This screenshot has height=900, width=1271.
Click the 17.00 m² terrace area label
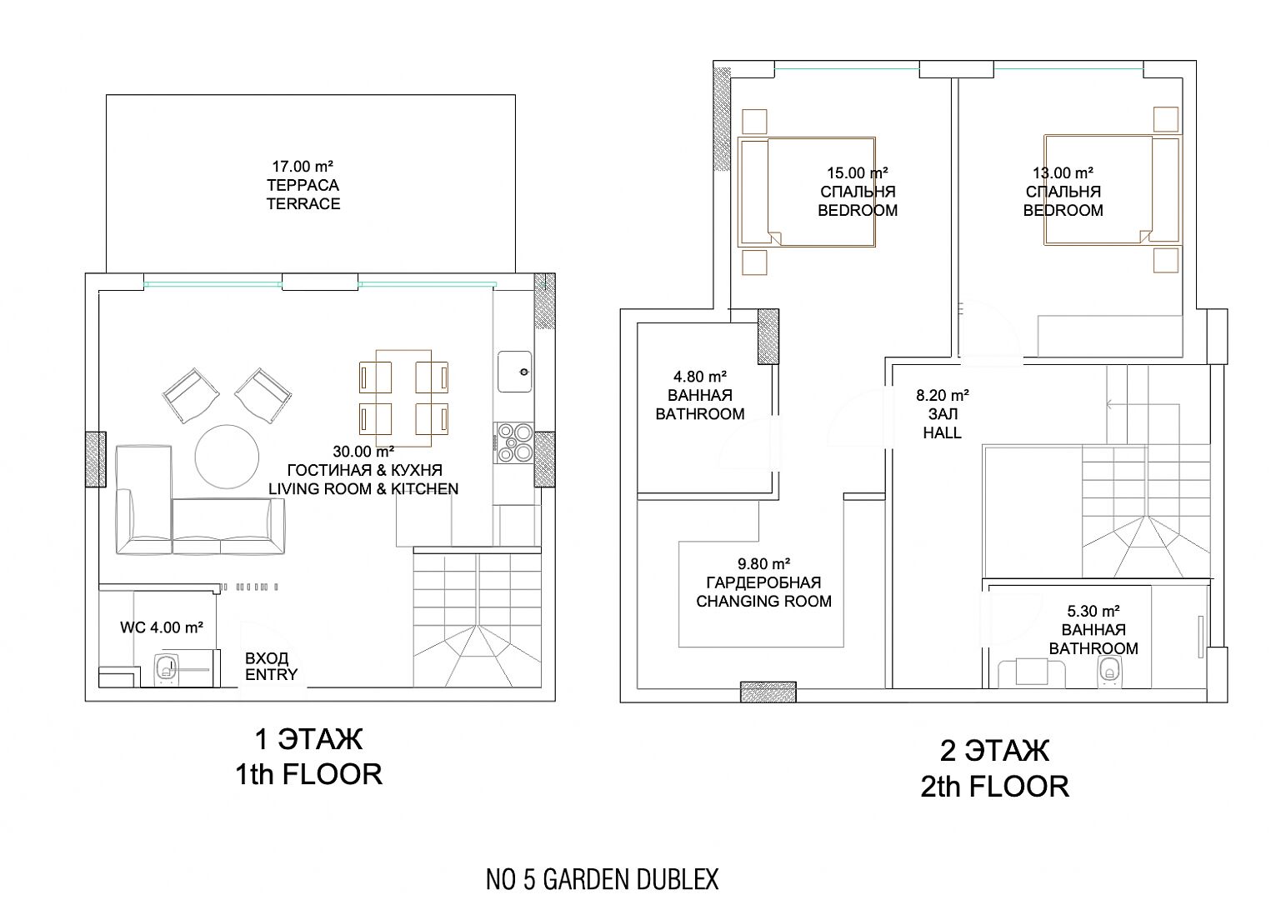[303, 167]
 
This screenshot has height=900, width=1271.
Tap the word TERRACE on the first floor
[303, 203]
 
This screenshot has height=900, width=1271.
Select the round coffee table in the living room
[227, 456]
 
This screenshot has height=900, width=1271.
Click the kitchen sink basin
[514, 372]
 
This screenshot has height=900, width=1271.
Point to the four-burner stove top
[513, 442]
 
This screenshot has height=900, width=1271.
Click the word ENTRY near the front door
[271, 675]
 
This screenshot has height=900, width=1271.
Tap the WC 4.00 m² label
[162, 627]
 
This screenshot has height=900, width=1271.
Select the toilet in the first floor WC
[166, 670]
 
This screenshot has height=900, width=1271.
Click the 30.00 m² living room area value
[363, 452]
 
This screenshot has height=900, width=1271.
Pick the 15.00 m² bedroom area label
[858, 172]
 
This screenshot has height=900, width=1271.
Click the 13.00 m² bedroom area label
[1063, 172]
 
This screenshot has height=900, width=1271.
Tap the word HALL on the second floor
[942, 433]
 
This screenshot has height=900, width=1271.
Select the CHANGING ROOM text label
[763, 602]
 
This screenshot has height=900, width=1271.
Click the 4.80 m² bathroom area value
[700, 377]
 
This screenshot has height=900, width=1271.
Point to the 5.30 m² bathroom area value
[1093, 611]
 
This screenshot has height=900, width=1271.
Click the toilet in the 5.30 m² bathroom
[1108, 672]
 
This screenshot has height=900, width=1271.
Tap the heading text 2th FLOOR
[994, 787]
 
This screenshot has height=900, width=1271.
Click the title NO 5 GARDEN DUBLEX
[602, 879]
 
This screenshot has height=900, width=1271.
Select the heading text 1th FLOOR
[308, 775]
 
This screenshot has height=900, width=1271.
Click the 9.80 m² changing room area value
[763, 564]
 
